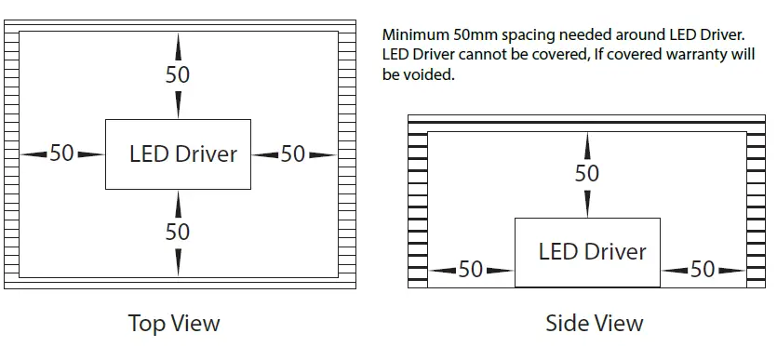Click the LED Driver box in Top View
(x=177, y=153)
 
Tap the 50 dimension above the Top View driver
(x=178, y=75)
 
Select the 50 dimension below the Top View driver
(x=178, y=232)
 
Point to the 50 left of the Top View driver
(x=61, y=153)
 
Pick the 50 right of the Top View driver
(x=293, y=153)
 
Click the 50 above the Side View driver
(x=587, y=174)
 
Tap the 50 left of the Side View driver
(x=471, y=270)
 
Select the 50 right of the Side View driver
(x=703, y=270)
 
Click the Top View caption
(x=174, y=323)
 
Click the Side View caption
(x=594, y=323)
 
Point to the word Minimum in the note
(x=415, y=35)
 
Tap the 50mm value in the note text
(x=475, y=35)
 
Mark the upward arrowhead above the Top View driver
(x=178, y=40)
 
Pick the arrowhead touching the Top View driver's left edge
(x=93, y=153)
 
